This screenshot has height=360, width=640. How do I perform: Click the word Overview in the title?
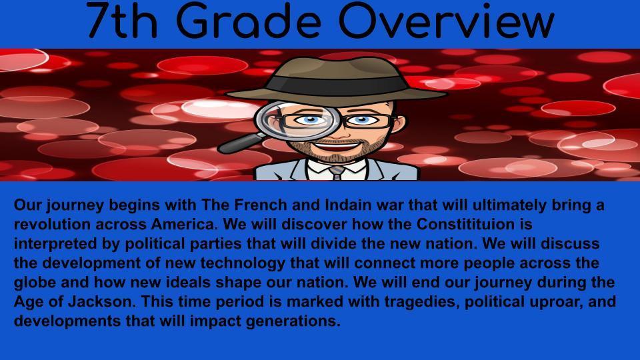(x=446, y=21)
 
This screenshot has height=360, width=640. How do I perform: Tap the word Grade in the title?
(x=249, y=21)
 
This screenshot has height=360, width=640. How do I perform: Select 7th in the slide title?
(x=122, y=21)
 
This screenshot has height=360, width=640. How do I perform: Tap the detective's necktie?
(x=337, y=172)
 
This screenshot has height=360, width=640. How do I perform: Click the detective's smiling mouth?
(x=336, y=145)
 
